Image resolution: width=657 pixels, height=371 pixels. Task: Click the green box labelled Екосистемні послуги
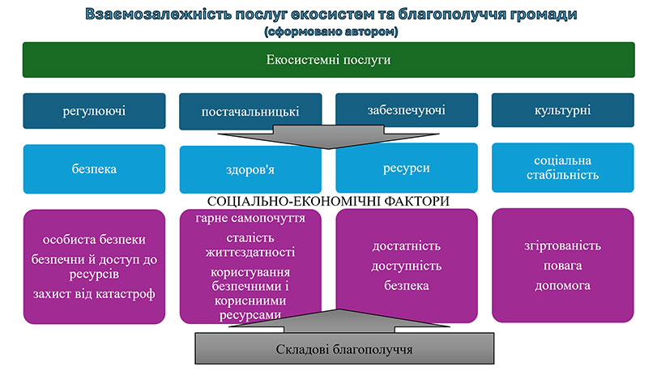click(328, 60)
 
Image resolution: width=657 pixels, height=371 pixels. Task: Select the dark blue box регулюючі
click(94, 111)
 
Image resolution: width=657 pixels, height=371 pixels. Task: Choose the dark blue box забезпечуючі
click(406, 109)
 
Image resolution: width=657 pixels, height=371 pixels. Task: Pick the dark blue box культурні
click(562, 109)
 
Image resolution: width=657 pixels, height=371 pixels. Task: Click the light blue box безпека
click(94, 168)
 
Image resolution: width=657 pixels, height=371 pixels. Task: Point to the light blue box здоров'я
click(250, 170)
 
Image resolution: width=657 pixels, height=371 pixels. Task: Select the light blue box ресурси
click(406, 168)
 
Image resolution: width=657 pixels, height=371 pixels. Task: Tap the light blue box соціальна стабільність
click(562, 167)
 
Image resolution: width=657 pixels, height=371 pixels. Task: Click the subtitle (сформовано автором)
click(328, 32)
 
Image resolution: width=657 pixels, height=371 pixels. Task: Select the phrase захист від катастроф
click(94, 292)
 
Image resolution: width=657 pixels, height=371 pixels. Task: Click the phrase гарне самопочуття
click(250, 219)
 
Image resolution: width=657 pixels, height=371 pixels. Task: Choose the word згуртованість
click(562, 246)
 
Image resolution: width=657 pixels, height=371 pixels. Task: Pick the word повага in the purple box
click(562, 267)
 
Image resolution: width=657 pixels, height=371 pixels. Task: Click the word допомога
click(562, 286)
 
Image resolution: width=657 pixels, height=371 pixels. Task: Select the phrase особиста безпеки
click(94, 241)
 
